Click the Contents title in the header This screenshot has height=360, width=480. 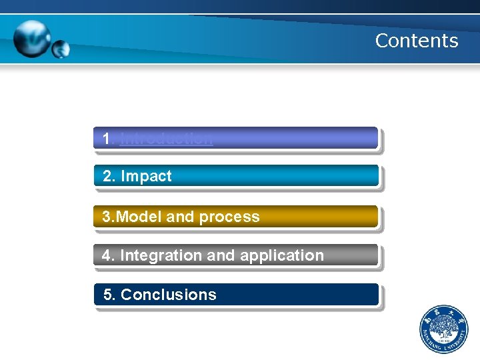(x=417, y=41)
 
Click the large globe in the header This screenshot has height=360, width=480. (x=33, y=38)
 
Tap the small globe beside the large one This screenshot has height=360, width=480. (x=61, y=49)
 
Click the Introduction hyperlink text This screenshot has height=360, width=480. (x=167, y=139)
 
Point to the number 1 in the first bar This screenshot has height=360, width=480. (x=107, y=139)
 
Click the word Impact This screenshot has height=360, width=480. (x=146, y=177)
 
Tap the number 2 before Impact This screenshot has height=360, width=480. (x=108, y=177)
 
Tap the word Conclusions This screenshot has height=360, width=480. (x=169, y=295)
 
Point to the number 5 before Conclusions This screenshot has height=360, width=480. (x=109, y=295)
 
